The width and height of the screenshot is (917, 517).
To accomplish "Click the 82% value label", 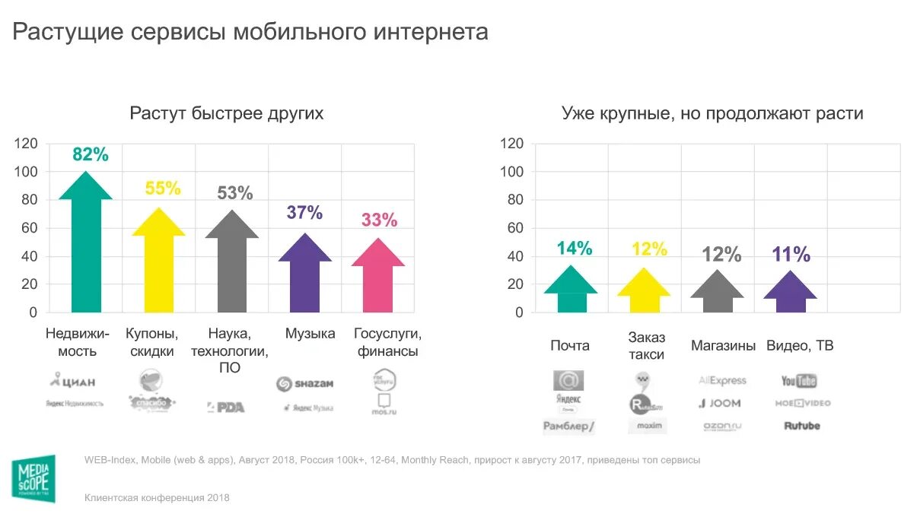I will [x=91, y=154].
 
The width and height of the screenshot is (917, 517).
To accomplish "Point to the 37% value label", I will [x=304, y=213].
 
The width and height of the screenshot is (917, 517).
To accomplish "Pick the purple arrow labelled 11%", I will [x=790, y=293].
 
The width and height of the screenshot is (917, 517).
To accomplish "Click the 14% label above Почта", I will [x=574, y=248].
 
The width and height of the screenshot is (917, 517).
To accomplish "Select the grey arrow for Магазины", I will [x=717, y=293].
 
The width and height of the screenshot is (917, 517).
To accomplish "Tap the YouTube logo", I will [x=798, y=381].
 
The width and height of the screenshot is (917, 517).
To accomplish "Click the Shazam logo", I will [x=304, y=384].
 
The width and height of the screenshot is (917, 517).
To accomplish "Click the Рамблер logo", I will [x=568, y=427].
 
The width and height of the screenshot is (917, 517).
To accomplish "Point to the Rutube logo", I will [x=802, y=426].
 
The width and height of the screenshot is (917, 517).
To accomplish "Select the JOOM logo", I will [x=720, y=404].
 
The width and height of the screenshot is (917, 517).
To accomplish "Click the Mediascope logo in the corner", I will [x=33, y=479].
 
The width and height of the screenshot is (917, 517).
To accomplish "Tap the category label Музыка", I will [x=310, y=334].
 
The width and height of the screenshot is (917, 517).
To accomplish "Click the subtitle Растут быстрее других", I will [x=226, y=114].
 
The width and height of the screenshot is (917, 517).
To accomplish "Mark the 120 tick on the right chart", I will [x=512, y=144].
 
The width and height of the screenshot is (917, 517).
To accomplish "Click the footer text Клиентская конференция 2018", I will [x=157, y=498].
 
